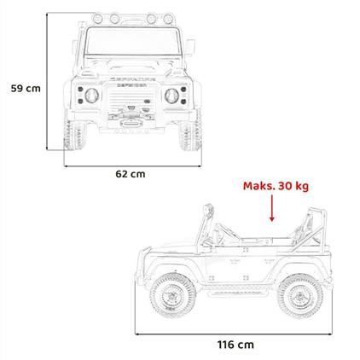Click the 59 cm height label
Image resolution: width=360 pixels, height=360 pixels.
pyautogui.click(x=26, y=89)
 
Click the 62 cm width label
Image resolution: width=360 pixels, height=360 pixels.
pyautogui.click(x=131, y=174)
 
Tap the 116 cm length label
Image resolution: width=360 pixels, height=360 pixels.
pyautogui.click(x=235, y=345)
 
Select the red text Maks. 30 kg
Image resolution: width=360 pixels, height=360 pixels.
pyautogui.click(x=276, y=186)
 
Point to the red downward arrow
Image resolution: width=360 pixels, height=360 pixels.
pyautogui.click(x=272, y=208)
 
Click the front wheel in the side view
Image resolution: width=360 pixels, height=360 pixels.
pyautogui.click(x=173, y=295)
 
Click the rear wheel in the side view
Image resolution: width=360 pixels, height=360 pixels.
pyautogui.click(x=300, y=296)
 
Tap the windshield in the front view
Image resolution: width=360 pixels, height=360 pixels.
pyautogui.click(x=134, y=41)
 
